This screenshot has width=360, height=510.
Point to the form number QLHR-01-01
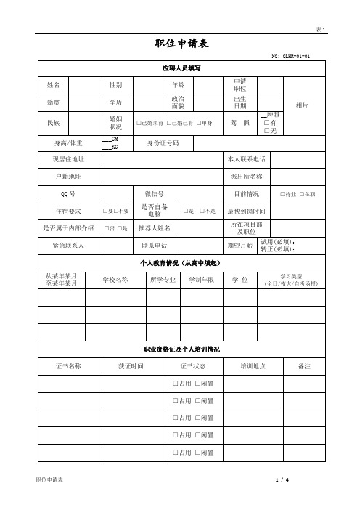290,56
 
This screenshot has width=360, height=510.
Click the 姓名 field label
53,85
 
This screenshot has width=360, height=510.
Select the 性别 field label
115,85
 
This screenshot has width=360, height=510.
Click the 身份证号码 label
163,143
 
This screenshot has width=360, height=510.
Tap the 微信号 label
165,195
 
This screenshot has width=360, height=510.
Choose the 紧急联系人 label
69,246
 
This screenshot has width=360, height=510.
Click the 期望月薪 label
240,246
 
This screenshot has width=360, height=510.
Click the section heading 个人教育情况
179,262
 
